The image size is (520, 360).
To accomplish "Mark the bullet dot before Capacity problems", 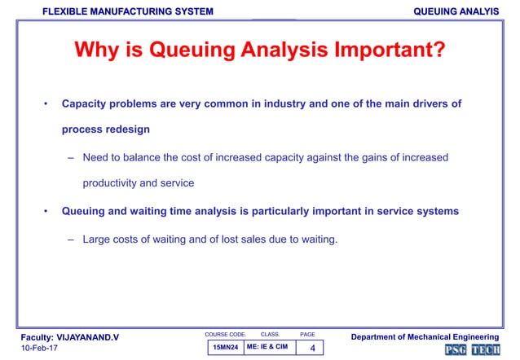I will tap(46, 104).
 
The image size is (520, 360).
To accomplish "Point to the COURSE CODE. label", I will tap(224, 334).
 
